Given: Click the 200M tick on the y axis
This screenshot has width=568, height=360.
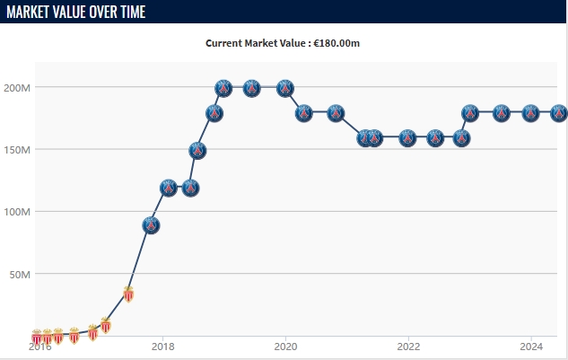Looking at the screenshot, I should click(19, 88).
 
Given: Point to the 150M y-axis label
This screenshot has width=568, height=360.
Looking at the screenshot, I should click(19, 150).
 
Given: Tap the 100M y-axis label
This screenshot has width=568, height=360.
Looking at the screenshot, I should click(19, 212).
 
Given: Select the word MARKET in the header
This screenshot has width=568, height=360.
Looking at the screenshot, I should click(30, 12).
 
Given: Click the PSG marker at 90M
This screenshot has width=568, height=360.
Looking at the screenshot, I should click(151, 225).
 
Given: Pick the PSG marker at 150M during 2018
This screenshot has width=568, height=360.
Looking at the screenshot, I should click(197, 151).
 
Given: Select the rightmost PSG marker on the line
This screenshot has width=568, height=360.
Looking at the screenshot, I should click(558, 113).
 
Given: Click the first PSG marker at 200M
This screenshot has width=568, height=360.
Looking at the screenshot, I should click(224, 88).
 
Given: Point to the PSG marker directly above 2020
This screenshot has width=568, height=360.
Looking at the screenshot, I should click(285, 88).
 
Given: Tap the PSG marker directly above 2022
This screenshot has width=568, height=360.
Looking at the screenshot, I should click(408, 138).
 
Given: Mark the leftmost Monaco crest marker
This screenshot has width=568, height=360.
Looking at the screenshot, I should click(37, 338).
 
